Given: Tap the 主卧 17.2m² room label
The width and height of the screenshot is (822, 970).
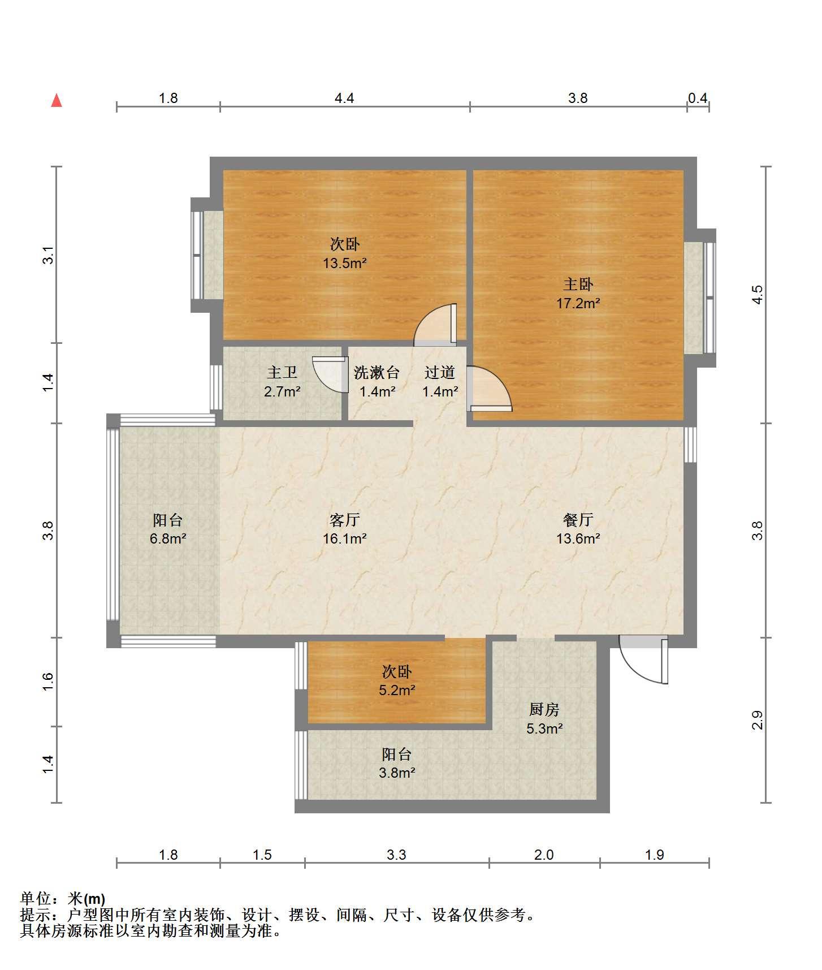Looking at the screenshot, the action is coord(578,294).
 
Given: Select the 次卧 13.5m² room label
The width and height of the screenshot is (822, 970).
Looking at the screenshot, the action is coord(345,253).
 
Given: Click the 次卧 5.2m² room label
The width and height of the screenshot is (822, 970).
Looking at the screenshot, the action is coord(397,681).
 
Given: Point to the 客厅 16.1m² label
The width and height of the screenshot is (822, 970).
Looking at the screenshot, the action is coord(345,529).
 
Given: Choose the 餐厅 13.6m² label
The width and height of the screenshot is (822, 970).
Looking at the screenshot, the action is coord(578,529).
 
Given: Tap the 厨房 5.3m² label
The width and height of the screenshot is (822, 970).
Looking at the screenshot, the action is coord(544,719).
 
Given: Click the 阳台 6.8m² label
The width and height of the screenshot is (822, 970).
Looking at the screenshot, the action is coord(168,529).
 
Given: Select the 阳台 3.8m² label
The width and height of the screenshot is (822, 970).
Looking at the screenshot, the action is coord(397,763).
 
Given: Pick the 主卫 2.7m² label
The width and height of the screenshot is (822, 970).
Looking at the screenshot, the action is coord(282,381).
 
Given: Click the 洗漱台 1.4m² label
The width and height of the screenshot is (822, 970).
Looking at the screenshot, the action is coord(377,381).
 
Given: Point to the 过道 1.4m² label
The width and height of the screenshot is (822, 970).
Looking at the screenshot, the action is coord(440,381).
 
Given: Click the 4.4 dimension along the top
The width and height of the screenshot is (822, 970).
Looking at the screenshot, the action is coord(344,98).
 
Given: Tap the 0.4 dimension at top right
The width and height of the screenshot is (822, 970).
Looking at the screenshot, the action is coord(698,98).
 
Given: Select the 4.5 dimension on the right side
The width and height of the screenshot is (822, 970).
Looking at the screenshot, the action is coord(758,295).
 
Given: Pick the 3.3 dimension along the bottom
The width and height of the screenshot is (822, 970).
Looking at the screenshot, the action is coord(397,855).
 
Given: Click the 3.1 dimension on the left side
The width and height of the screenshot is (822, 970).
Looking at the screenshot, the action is coord(49,255).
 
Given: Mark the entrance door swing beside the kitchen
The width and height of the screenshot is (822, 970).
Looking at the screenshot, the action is coord(644,660).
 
